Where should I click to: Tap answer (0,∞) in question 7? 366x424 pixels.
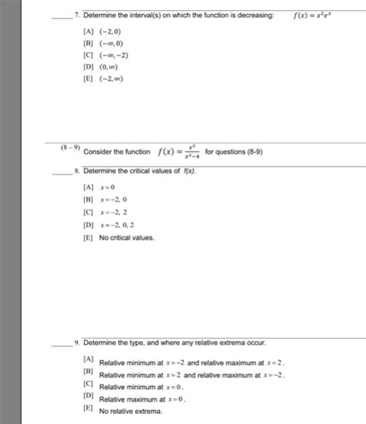tap(97, 66)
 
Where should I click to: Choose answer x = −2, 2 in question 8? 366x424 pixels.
tap(106, 212)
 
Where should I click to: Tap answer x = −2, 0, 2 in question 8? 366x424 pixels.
tap(109, 225)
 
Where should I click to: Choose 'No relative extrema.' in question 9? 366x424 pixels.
tap(130, 412)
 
